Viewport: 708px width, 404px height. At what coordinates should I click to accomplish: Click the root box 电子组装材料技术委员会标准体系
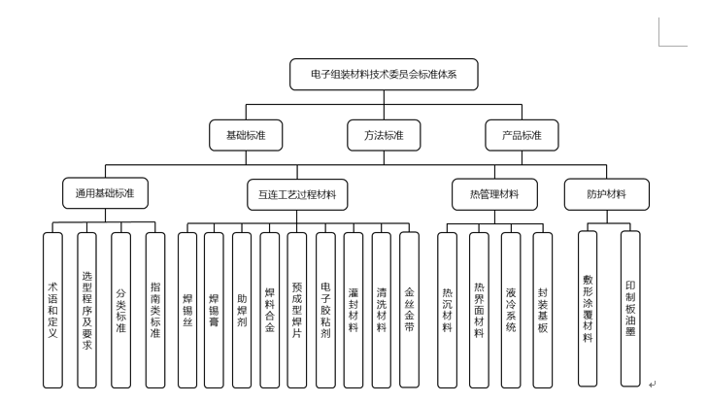click(x=384, y=75)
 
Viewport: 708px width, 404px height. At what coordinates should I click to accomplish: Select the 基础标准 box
click(x=245, y=135)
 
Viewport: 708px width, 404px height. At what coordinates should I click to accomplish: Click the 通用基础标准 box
click(x=105, y=193)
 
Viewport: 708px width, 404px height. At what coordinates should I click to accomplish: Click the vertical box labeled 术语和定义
click(x=52, y=309)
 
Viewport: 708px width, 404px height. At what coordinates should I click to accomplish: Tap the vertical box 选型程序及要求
click(x=86, y=309)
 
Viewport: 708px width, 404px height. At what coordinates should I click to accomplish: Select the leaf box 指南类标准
click(x=155, y=309)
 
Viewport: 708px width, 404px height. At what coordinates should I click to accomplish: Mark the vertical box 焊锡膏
click(x=215, y=309)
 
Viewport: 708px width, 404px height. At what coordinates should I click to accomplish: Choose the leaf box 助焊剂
click(x=242, y=309)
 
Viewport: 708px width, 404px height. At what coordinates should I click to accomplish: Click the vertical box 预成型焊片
click(x=297, y=309)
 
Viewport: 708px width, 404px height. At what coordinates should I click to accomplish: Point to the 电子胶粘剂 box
click(x=325, y=309)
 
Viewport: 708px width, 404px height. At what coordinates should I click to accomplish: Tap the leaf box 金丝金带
click(x=409, y=309)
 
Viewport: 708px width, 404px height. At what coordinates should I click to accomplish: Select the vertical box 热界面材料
click(x=479, y=309)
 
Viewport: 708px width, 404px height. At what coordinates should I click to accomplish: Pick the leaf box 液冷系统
click(x=511, y=309)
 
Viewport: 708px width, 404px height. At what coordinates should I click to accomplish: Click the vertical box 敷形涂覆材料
click(x=588, y=309)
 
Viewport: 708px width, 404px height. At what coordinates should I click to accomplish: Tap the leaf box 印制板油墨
click(x=631, y=309)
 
